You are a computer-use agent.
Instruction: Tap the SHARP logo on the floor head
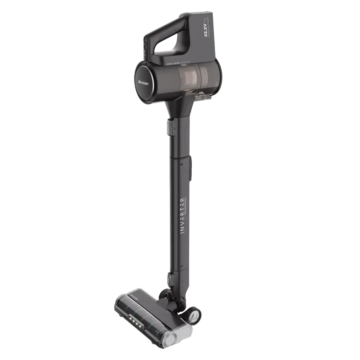pos(135,298)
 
